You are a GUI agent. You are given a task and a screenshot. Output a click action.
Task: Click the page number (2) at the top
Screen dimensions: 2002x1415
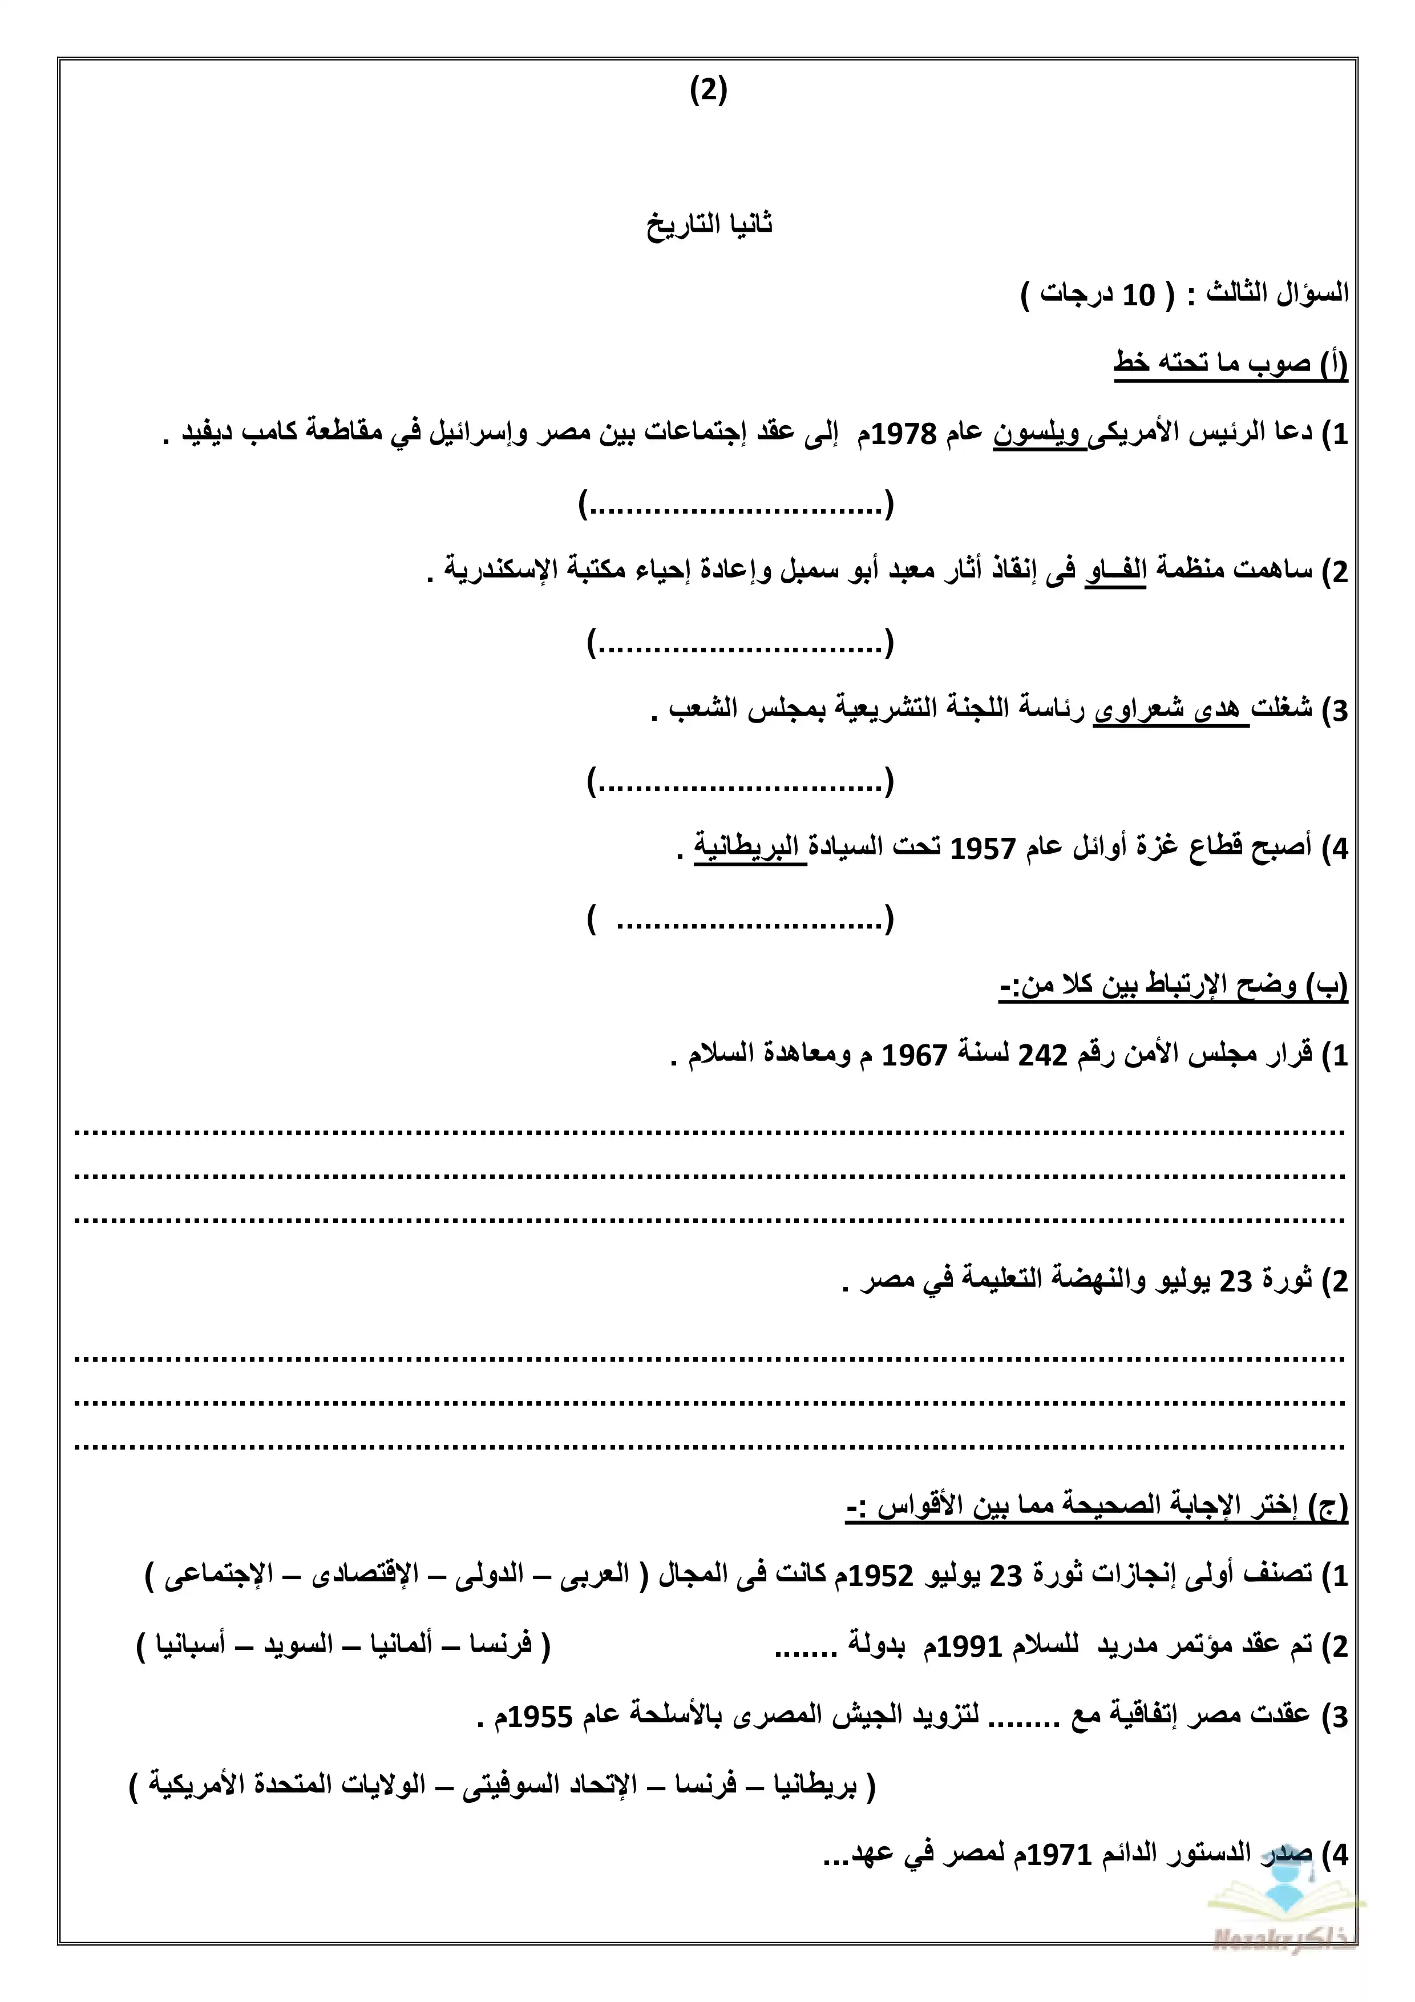click(x=708, y=91)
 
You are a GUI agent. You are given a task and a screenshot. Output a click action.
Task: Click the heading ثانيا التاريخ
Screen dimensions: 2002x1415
click(x=709, y=224)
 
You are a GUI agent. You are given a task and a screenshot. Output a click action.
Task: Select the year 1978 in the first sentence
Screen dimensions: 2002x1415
click(x=904, y=433)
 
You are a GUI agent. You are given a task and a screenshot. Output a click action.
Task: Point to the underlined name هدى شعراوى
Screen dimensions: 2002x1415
click(x=1170, y=710)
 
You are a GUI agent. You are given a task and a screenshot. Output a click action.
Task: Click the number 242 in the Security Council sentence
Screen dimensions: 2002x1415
click(x=1043, y=1055)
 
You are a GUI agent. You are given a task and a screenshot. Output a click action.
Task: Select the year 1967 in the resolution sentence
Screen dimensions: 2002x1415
click(x=915, y=1055)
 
